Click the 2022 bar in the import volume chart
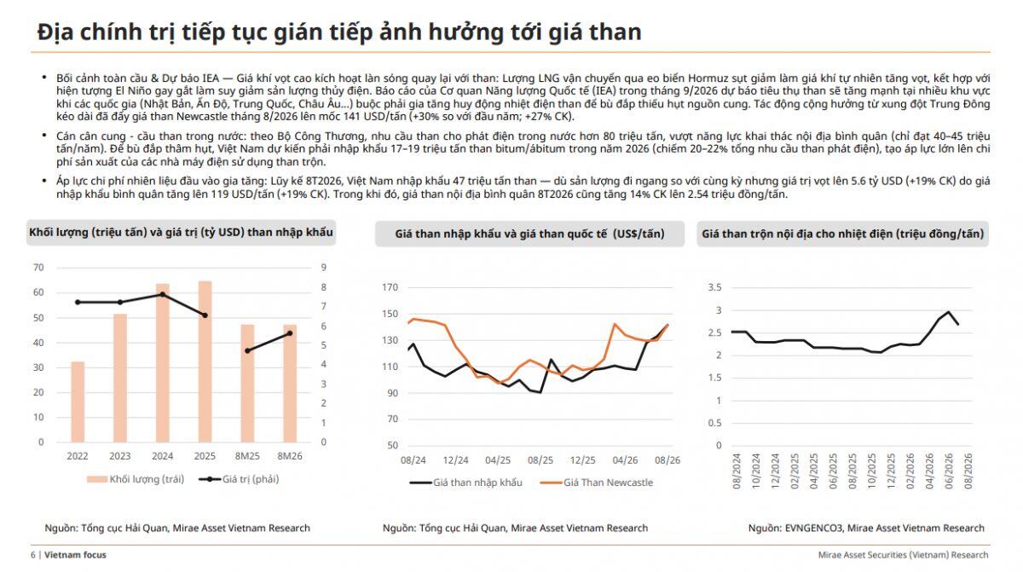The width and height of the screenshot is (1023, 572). (78, 402)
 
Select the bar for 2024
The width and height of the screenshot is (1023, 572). (163, 363)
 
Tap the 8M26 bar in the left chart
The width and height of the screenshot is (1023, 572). (290, 384)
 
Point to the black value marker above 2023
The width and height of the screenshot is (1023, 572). (120, 303)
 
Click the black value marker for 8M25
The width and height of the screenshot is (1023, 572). (247, 350)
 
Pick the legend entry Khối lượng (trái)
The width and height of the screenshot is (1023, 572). (136, 479)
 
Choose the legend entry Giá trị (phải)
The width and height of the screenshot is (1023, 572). (239, 479)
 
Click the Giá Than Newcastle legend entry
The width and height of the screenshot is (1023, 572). (597, 482)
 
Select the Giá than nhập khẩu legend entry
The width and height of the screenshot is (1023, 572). (465, 482)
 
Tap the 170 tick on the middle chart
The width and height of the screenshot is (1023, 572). (390, 287)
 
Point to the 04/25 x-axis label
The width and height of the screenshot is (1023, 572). (498, 460)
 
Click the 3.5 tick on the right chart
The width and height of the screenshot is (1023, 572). (714, 287)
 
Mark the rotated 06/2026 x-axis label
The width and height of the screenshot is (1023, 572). (949, 471)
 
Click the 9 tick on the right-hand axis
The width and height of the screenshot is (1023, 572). (323, 268)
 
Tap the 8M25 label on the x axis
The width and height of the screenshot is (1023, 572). (247, 456)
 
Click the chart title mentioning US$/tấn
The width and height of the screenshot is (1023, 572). (529, 234)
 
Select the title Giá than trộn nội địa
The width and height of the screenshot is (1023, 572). (842, 234)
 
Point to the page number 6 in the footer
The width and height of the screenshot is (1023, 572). (33, 555)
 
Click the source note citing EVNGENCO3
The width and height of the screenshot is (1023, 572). (866, 529)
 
